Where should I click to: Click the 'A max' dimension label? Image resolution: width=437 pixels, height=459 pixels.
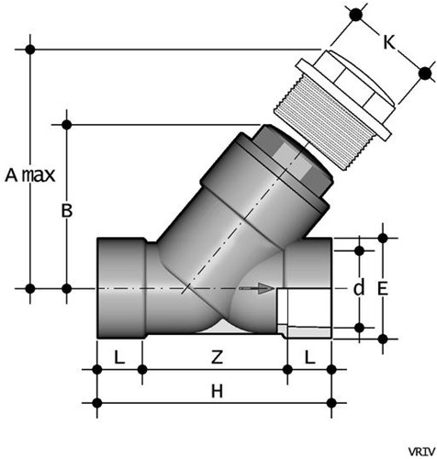click(x=27, y=174)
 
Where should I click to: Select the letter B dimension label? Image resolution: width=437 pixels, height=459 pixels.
click(x=66, y=210)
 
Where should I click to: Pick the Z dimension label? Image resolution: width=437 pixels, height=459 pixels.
click(x=213, y=353)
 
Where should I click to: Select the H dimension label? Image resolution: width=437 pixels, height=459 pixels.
click(x=218, y=391)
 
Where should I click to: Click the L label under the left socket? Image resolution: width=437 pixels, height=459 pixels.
click(x=118, y=353)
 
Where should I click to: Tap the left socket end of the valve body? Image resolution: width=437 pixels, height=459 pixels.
click(x=119, y=288)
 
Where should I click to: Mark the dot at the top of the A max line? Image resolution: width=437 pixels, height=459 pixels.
click(x=31, y=48)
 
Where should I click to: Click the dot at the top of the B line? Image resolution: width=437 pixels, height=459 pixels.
click(x=66, y=122)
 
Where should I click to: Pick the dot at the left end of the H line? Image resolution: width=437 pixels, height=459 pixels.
click(x=96, y=402)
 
